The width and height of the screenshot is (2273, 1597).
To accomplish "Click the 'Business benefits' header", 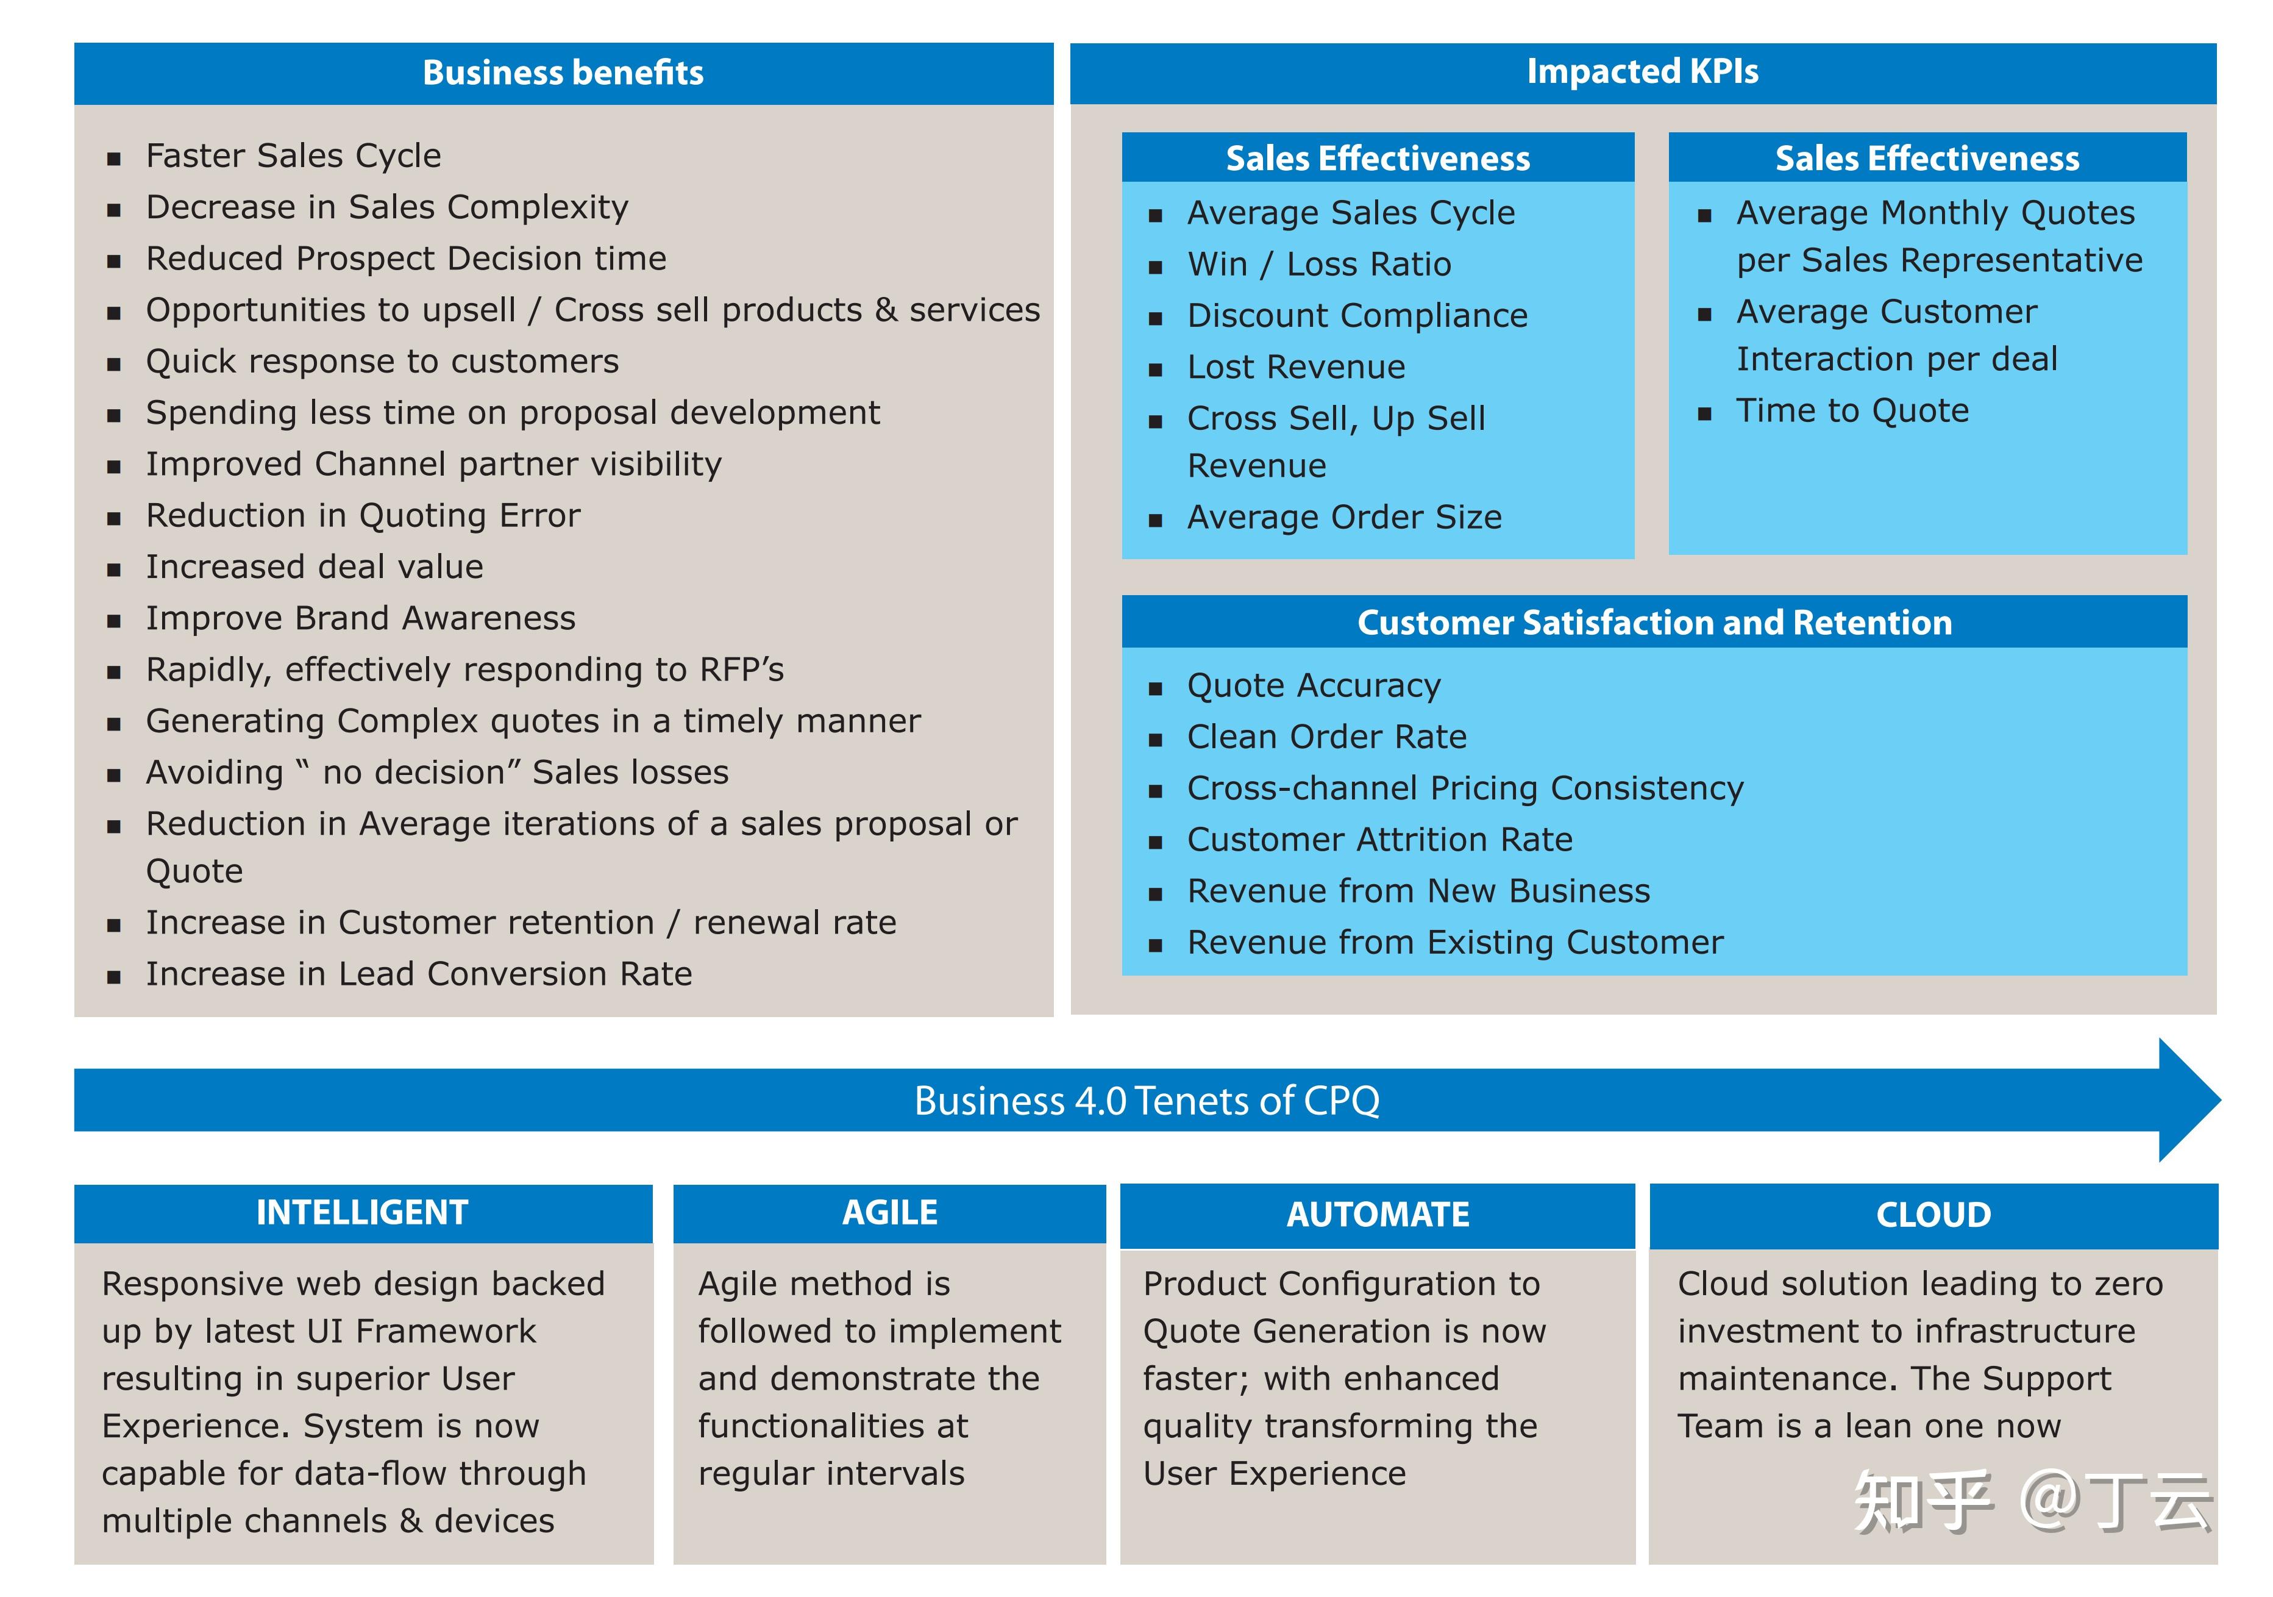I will coord(563,73).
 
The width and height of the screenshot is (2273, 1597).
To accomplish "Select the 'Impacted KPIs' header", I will coord(1642,71).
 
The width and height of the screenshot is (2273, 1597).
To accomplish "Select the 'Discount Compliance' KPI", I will coord(1357,316).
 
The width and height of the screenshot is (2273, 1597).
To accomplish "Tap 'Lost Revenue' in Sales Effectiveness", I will coord(1296,367).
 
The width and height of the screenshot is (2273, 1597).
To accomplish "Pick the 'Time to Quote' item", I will coord(1852,411).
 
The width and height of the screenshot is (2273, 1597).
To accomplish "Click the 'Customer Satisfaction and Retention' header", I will coord(1654,623).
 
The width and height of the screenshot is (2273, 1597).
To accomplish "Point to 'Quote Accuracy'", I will coord(1314,685).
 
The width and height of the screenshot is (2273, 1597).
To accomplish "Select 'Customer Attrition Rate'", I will coord(1379,840).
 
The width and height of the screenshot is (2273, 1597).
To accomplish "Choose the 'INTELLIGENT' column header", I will coord(362,1213).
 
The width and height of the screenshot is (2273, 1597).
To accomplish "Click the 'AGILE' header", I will coord(889,1213).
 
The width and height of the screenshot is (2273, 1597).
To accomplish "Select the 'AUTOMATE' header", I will coord(1377,1215).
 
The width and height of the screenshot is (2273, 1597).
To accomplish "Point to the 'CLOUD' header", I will coord(1932,1215).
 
